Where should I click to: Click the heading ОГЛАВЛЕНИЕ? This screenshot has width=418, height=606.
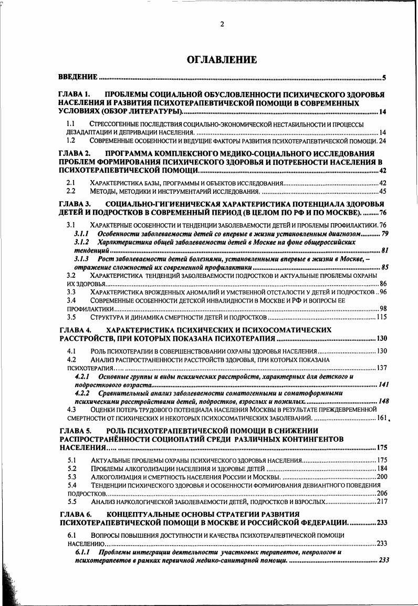222,59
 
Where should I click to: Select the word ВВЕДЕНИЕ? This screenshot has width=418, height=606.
78,78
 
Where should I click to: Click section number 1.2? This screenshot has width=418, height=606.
70,141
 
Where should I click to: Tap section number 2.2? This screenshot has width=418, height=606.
70,191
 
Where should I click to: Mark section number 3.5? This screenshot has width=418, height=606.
71,317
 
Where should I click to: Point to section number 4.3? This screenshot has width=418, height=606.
71,410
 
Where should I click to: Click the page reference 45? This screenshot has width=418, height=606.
382,191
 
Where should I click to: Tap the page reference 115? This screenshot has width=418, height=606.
381,317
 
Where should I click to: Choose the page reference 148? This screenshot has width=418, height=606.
383,401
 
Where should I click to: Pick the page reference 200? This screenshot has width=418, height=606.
381,477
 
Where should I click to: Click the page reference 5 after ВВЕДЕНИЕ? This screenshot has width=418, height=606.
384,78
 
